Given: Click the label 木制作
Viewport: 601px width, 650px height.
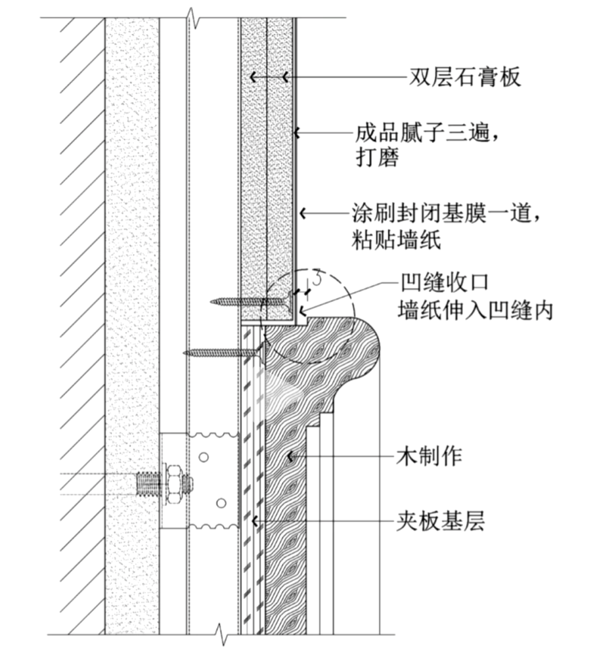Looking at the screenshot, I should point(430,456).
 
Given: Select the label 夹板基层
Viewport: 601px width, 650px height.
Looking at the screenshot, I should point(440,523).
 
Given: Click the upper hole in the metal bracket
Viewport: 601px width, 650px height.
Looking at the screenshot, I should point(204,455).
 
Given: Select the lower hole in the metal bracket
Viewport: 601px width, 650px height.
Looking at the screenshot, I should point(222,504).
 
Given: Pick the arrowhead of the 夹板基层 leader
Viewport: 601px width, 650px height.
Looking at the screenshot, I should point(255,523).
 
